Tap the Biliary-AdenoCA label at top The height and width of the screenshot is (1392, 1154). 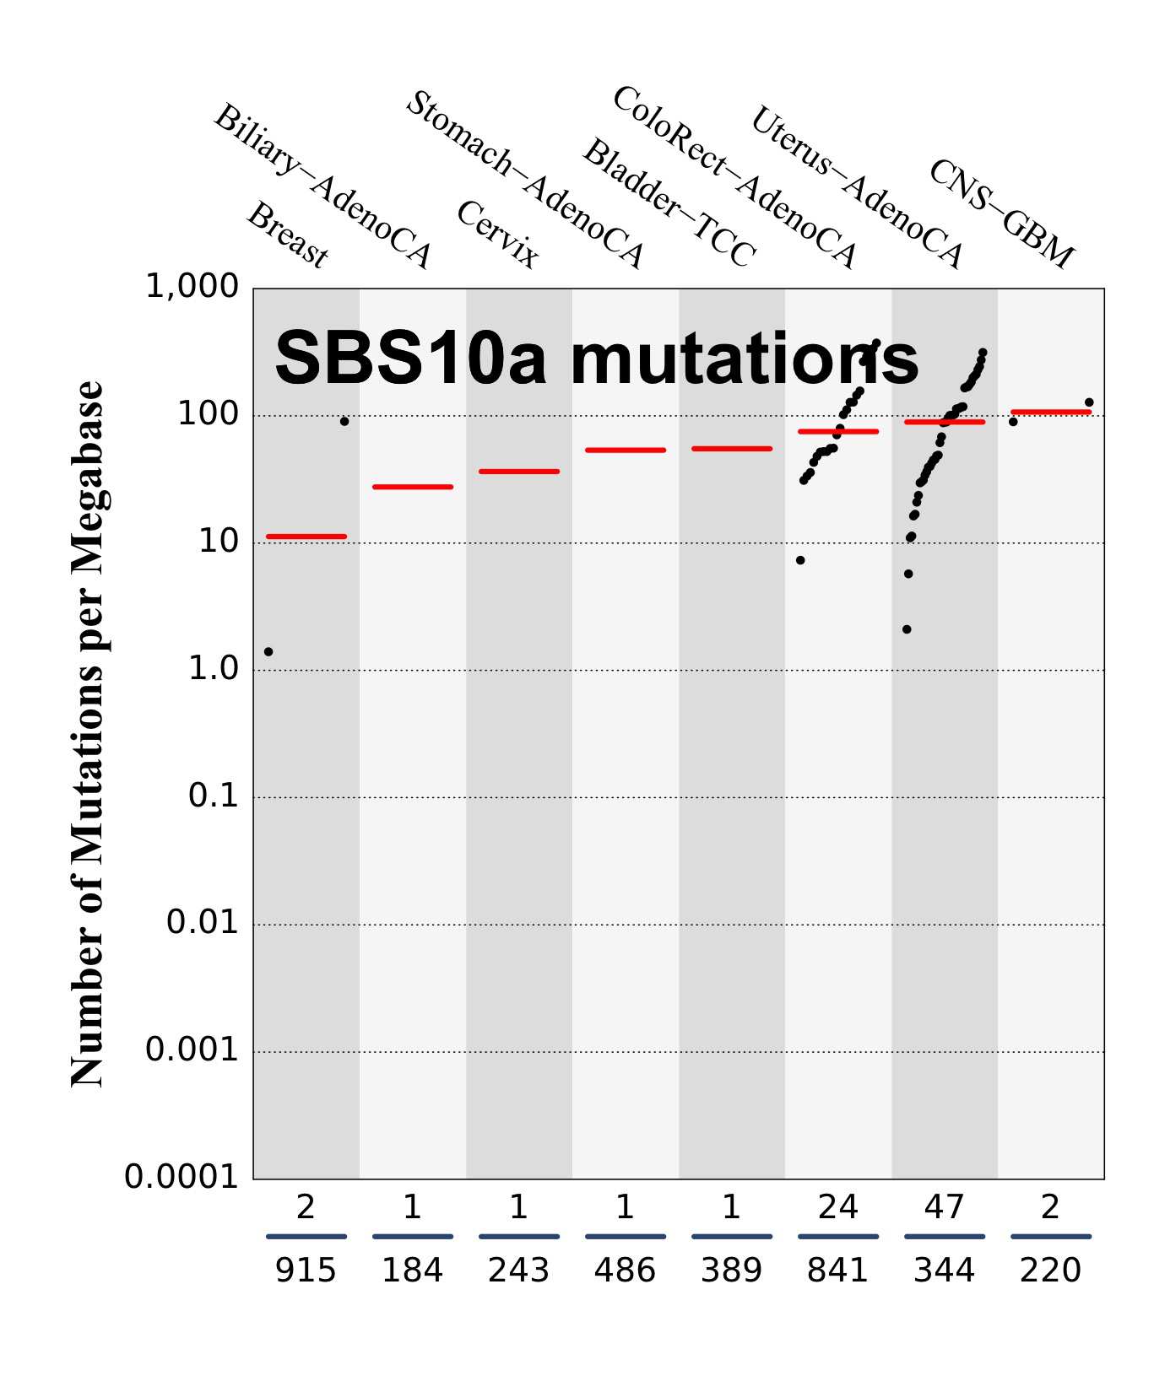322,186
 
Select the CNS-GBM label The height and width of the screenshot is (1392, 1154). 1001,213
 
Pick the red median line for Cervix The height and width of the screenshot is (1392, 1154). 519,472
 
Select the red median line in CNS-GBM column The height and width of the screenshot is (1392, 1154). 1051,413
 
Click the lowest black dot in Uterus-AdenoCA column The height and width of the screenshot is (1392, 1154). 907,629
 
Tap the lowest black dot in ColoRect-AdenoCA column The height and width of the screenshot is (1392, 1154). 800,560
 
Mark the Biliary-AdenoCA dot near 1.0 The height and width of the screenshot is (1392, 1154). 268,651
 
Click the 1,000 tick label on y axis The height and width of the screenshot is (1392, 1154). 192,287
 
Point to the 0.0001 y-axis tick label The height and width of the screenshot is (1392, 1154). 181,1177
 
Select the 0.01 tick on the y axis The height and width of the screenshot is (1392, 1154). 203,922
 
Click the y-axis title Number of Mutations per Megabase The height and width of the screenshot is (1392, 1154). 87,734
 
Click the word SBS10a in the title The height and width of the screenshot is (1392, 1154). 410,359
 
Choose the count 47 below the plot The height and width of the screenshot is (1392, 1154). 944,1208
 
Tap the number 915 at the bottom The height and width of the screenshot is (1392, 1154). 306,1271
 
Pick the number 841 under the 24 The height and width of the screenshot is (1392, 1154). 837,1271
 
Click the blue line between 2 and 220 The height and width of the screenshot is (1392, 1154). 1051,1237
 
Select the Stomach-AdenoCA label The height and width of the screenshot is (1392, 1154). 525,180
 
